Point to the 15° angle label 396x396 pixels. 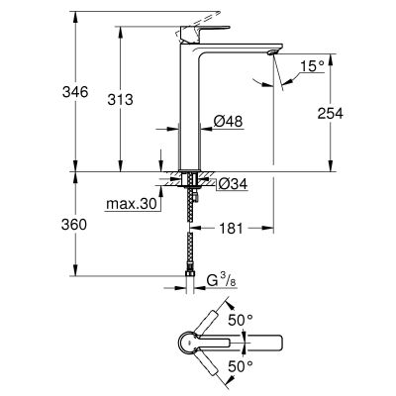click(313, 67)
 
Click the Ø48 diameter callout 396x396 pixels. click(229, 123)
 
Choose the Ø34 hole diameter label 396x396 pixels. click(231, 184)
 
